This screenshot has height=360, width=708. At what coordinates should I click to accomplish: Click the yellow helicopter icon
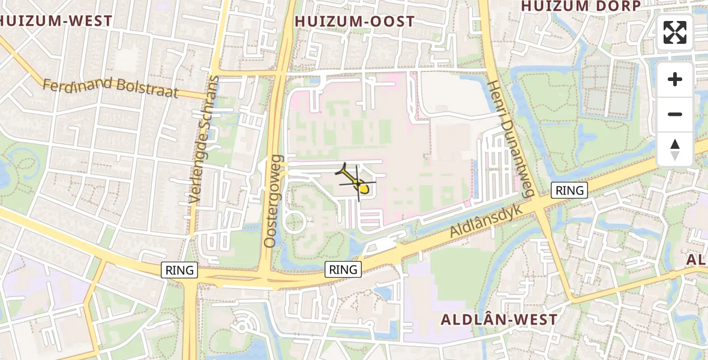point(358,182)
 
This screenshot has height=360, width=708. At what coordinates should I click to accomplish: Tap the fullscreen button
point(675,32)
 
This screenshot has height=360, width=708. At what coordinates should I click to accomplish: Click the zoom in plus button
point(675,79)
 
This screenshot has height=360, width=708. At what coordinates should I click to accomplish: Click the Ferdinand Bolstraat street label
point(110,86)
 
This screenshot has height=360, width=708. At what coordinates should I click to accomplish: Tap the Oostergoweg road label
point(273,201)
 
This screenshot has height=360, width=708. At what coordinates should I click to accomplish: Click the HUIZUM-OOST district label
point(355,22)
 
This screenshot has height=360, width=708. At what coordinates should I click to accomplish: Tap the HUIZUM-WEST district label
point(56,21)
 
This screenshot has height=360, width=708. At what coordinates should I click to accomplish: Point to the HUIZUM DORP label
point(581,6)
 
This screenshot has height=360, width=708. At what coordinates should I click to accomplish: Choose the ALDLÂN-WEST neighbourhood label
point(499,319)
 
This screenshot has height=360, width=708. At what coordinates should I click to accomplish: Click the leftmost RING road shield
point(180,270)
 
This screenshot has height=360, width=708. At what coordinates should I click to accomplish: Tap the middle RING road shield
point(343,269)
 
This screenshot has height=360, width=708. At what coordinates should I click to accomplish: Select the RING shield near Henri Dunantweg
point(569,190)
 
